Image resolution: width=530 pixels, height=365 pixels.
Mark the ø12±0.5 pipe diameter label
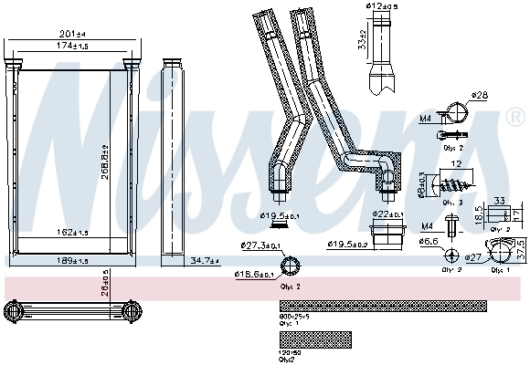[x=381, y=8]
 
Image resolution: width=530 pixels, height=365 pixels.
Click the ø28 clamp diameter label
[x=480, y=95]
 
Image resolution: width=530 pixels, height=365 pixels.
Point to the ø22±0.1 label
[x=387, y=214]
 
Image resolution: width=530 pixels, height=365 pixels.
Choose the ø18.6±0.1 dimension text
[x=255, y=274]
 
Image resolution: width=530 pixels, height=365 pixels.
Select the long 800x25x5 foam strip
[x=381, y=306]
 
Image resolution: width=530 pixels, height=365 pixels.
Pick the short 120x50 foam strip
[x=314, y=338]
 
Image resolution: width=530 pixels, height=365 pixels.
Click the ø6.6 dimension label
[x=429, y=242]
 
